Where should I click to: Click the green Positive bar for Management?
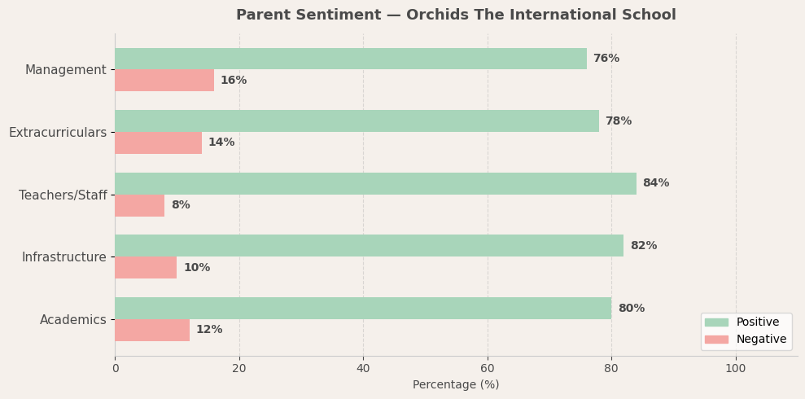tap(350, 59)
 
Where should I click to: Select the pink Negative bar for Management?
tap(164, 81)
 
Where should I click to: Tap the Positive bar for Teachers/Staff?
tap(375, 183)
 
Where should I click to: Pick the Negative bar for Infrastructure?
tap(146, 268)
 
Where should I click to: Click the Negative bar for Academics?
tap(152, 330)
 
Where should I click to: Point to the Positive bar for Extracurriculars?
tap(357, 121)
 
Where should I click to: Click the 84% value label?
tap(655, 183)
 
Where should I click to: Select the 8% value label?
tap(180, 205)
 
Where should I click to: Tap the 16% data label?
tap(233, 81)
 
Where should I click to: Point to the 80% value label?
tap(631, 309)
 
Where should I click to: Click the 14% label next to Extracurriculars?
tap(221, 142)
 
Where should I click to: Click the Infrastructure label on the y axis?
tap(63, 257)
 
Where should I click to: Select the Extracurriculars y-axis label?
tap(57, 133)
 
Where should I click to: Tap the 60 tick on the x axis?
tap(488, 368)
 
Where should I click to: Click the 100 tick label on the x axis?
tap(735, 368)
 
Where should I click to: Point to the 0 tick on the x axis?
tap(115, 368)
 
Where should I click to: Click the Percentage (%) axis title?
tap(456, 385)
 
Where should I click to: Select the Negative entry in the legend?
tap(760, 340)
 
